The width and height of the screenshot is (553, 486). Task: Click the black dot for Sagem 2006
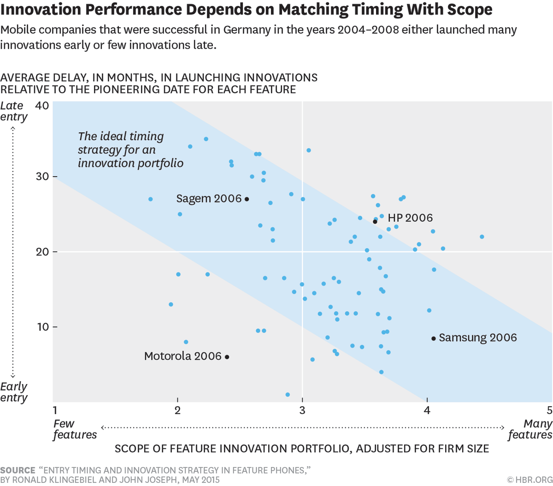pyautogui.click(x=247, y=199)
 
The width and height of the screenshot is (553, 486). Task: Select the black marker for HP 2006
pyautogui.click(x=375, y=222)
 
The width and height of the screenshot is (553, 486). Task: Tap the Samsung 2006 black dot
pyautogui.click(x=434, y=338)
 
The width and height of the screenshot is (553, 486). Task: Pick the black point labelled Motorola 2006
pyautogui.click(x=227, y=357)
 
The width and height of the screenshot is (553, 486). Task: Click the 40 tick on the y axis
pyautogui.click(x=42, y=106)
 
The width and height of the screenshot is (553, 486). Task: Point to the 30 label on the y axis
pyautogui.click(x=42, y=177)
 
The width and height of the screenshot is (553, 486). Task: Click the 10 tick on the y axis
pyautogui.click(x=42, y=327)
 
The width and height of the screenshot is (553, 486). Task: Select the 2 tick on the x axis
pyautogui.click(x=177, y=410)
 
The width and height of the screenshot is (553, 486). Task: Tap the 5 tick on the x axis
pyautogui.click(x=549, y=410)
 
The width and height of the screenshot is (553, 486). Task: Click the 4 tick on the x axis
pyautogui.click(x=427, y=410)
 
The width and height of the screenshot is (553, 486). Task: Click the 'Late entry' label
pyautogui.click(x=13, y=111)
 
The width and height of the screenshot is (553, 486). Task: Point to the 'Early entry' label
pyautogui.click(x=13, y=392)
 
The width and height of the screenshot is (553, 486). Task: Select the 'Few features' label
pyautogui.click(x=74, y=429)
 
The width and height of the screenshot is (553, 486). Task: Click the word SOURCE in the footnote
pyautogui.click(x=18, y=470)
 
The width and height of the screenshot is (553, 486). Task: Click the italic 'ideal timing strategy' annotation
pyautogui.click(x=130, y=150)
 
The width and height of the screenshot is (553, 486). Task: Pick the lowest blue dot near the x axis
pyautogui.click(x=288, y=395)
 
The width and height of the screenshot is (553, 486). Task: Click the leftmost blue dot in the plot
pyautogui.click(x=150, y=199)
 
